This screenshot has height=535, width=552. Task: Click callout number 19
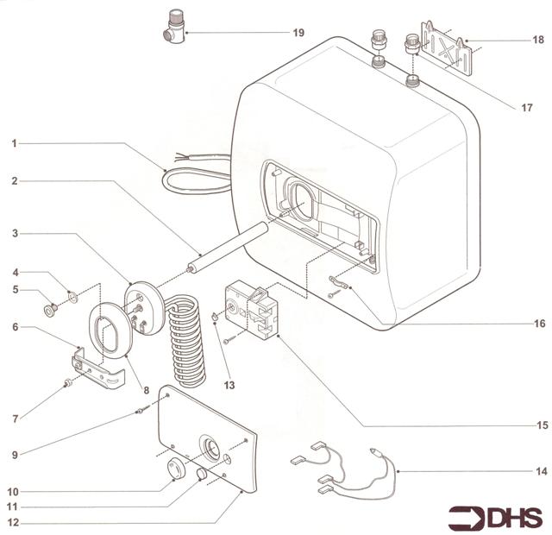click(x=298, y=33)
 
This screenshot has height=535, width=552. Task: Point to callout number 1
click(x=14, y=142)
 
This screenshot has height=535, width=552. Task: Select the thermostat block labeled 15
click(x=252, y=312)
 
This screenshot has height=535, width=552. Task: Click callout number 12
click(x=14, y=522)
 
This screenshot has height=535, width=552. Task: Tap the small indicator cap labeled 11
click(x=200, y=476)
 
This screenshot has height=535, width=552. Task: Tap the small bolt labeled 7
click(x=66, y=384)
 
